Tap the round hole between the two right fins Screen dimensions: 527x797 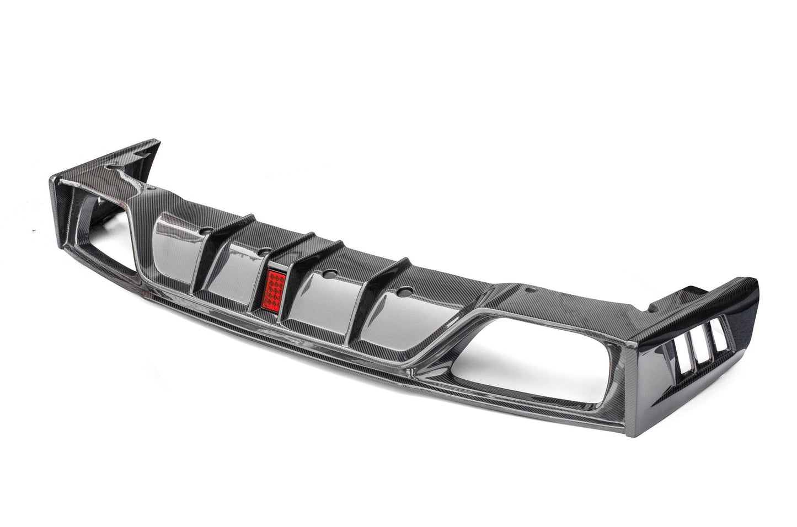(x=329, y=271)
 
